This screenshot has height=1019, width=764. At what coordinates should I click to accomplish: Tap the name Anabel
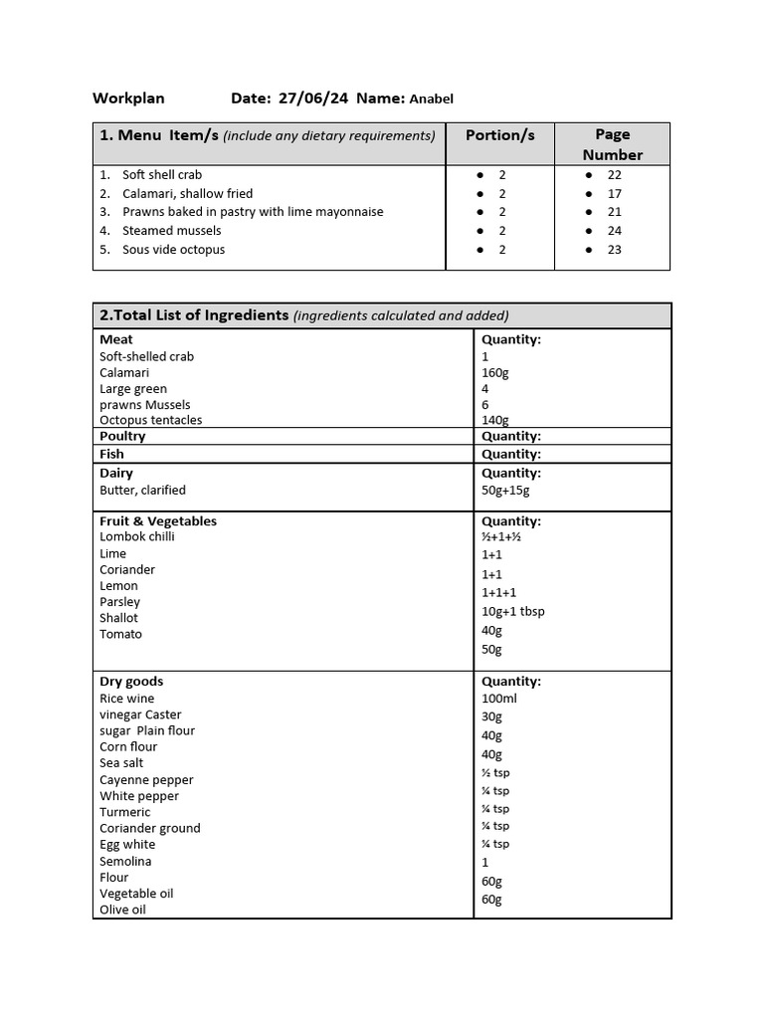[431, 99]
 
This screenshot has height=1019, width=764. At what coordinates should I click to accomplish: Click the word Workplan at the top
[128, 99]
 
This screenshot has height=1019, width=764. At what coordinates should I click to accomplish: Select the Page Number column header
[612, 144]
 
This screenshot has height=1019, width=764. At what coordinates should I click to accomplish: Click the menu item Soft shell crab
[161, 174]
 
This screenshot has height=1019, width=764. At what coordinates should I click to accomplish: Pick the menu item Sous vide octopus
[173, 250]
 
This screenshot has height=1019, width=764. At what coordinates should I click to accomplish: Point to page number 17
[614, 193]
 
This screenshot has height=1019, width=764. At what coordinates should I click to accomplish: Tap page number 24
[614, 231]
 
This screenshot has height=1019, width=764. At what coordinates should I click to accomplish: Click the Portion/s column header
[499, 135]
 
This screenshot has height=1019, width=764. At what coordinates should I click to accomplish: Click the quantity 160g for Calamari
[495, 372]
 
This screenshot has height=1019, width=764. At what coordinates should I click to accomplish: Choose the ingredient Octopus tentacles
[150, 420]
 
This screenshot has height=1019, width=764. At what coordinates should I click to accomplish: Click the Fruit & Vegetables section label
[157, 521]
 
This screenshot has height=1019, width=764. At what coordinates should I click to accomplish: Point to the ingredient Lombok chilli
[136, 536]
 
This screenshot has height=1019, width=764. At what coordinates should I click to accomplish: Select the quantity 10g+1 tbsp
[512, 611]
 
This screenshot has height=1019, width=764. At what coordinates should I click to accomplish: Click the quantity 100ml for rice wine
[499, 699]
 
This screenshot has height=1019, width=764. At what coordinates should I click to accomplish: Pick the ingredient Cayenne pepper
[146, 780]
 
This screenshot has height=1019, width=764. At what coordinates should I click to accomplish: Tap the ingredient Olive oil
[122, 910]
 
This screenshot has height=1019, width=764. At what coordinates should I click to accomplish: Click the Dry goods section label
[131, 682]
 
